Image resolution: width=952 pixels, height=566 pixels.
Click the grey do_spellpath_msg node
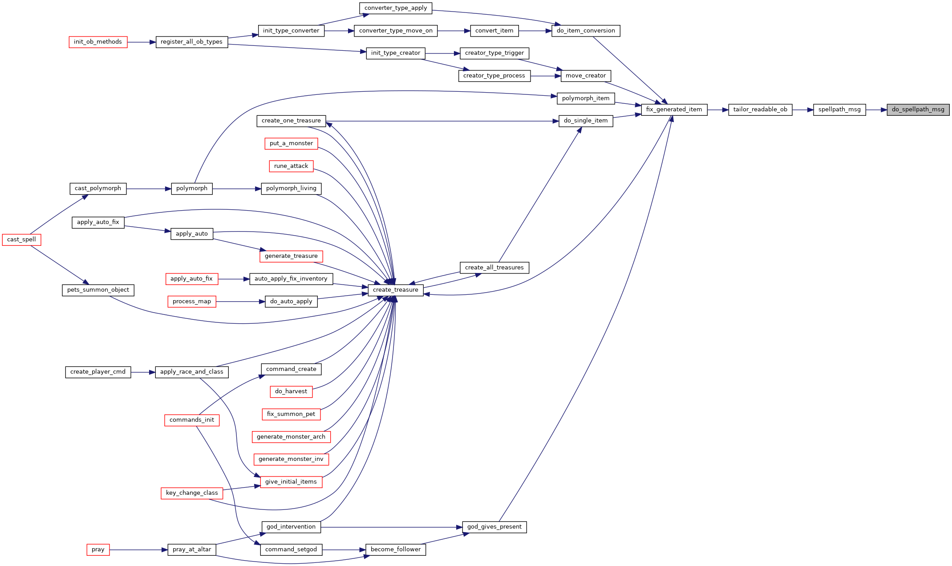click(x=918, y=110)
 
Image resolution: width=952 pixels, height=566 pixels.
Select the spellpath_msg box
click(x=839, y=110)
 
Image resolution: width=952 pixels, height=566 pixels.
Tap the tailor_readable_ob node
click(x=760, y=110)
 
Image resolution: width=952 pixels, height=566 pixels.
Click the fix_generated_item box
click(x=674, y=110)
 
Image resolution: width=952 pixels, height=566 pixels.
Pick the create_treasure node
click(x=396, y=290)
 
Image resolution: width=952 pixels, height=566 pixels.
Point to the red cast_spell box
click(x=21, y=240)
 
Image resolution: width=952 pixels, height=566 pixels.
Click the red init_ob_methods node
click(x=98, y=42)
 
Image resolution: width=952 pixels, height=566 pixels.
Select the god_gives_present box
click(x=494, y=527)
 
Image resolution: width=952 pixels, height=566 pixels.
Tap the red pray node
click(x=98, y=550)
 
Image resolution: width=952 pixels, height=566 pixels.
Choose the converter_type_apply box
click(x=396, y=8)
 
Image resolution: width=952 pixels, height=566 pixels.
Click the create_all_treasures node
click(x=494, y=268)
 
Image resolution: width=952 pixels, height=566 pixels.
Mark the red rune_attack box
click(x=291, y=166)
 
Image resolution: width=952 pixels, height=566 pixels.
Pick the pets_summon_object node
click(x=98, y=290)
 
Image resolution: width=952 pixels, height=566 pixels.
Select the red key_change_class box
click(x=192, y=493)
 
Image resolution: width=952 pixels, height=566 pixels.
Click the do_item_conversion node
click(x=586, y=31)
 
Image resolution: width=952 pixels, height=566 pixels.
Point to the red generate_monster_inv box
click(x=291, y=459)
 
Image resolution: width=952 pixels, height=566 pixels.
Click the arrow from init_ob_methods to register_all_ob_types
click(x=142, y=42)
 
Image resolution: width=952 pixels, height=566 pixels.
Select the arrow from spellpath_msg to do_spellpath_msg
click(x=876, y=110)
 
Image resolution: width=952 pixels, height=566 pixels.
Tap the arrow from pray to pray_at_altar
click(x=138, y=550)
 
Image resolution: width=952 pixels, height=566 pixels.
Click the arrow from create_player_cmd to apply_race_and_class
click(x=143, y=372)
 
